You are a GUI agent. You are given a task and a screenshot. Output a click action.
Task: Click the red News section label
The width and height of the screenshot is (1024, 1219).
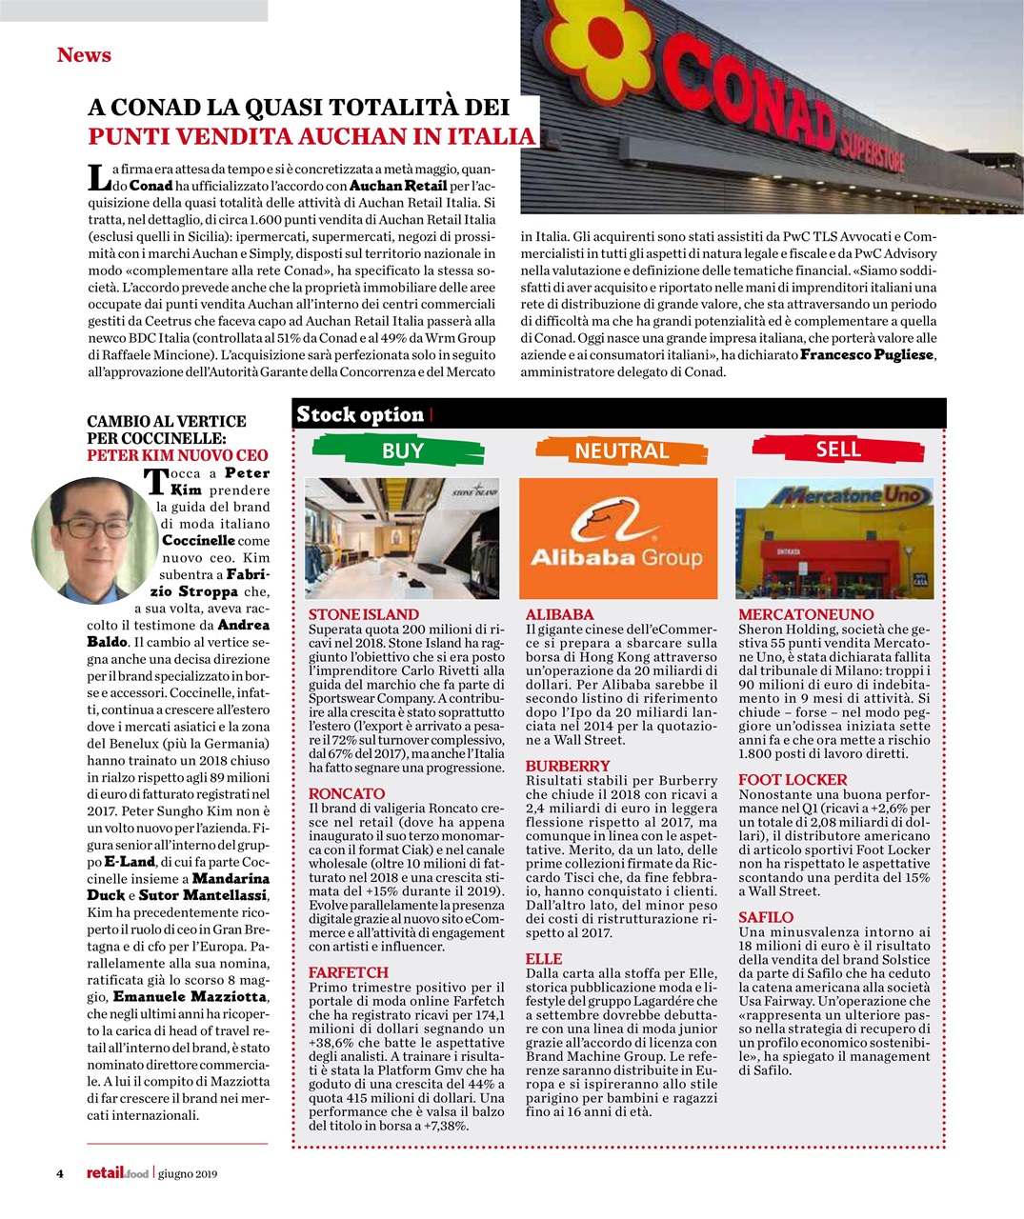coord(84,55)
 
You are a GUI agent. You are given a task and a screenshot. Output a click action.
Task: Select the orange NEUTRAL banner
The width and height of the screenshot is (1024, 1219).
coord(621,450)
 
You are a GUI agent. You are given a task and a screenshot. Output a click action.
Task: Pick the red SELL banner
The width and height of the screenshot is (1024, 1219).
coord(838,449)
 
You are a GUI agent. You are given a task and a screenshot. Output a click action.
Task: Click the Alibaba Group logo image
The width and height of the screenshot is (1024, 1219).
coord(617,537)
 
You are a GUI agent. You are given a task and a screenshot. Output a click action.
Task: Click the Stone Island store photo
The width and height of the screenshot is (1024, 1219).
coord(401,538)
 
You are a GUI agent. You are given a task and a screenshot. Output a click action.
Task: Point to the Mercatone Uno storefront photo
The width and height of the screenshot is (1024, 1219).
coord(834,538)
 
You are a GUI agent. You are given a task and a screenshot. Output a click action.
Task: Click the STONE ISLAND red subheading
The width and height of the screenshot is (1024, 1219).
coord(364,614)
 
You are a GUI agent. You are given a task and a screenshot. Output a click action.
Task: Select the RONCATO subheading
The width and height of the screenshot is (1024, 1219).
coord(347,793)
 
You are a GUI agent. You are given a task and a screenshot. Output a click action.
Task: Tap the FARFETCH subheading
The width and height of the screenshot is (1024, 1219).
coord(349,972)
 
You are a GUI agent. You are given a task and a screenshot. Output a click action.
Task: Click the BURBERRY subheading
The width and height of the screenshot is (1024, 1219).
coord(568,766)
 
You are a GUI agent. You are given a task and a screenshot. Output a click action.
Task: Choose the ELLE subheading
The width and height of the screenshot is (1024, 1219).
coord(544,959)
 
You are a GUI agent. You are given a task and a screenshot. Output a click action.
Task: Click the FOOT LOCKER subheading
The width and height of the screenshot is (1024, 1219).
coord(793,779)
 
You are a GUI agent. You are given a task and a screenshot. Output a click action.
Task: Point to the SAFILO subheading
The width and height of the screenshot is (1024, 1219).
coord(766,917)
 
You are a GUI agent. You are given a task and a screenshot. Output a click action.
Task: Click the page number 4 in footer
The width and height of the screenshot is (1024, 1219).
coord(59,1173)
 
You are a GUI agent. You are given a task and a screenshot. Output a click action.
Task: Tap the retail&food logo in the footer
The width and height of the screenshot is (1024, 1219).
coord(117,1173)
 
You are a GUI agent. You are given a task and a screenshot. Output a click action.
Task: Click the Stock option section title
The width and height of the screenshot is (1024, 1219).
coord(360,414)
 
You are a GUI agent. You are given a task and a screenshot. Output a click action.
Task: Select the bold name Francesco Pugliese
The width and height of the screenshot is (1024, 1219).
coord(868,354)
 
